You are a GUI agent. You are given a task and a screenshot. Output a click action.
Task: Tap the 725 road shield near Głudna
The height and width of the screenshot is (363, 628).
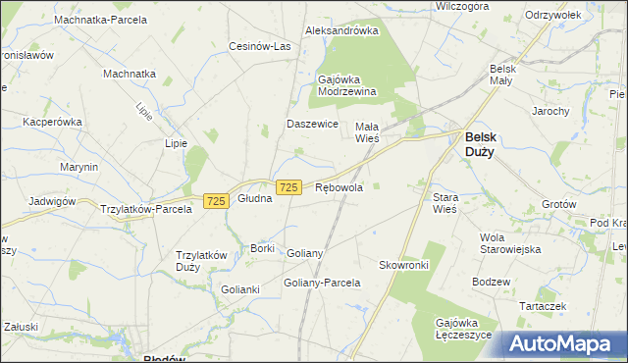(217, 200)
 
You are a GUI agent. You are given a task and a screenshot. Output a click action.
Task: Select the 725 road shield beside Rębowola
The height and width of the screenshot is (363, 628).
(288, 187)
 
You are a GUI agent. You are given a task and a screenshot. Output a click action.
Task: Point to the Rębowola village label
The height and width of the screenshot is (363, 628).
(340, 187)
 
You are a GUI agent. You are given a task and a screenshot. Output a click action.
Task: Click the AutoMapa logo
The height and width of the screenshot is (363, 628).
(562, 344)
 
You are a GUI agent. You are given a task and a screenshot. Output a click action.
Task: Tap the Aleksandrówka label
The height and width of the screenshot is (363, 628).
(341, 30)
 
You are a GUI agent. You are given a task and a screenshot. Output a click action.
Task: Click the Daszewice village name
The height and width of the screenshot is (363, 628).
(312, 125)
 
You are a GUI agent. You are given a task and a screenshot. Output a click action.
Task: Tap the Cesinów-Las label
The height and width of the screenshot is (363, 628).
(260, 46)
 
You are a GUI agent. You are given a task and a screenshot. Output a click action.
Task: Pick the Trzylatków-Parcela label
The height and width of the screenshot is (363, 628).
(146, 209)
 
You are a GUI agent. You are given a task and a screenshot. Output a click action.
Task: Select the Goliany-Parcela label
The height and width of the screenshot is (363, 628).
(322, 283)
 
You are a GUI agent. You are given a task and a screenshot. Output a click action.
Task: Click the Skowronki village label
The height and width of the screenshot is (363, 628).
(404, 265)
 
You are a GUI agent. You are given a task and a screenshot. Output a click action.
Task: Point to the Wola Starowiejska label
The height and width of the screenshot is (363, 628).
(510, 243)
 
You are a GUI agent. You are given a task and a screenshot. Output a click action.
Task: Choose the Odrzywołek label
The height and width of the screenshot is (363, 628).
(554, 15)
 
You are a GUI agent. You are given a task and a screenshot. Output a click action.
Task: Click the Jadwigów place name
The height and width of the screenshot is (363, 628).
(52, 200)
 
